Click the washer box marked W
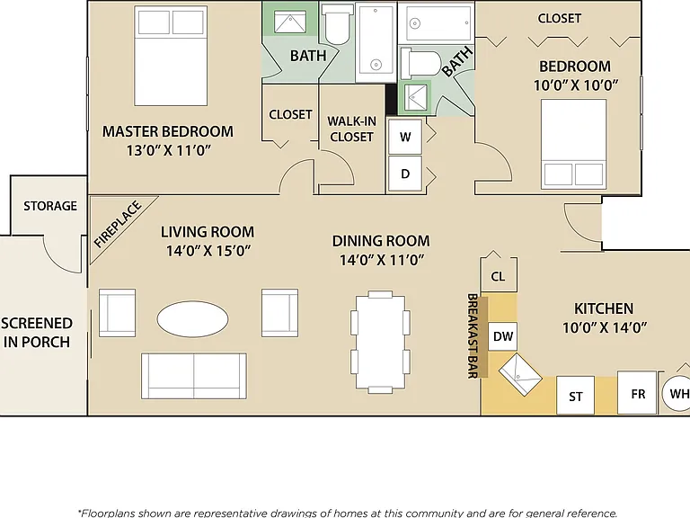pyautogui.click(x=405, y=137)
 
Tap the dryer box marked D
pyautogui.click(x=405, y=174)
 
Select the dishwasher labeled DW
pyautogui.click(x=502, y=336)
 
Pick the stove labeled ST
pyautogui.click(x=576, y=396)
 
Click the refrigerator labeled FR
pyautogui.click(x=637, y=393)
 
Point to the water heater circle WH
pyautogui.click(x=677, y=393)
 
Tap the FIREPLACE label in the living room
pyautogui.click(x=118, y=224)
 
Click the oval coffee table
pyautogui.click(x=193, y=319)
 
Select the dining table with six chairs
pyautogui.click(x=380, y=342)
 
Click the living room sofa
pyautogui.click(x=194, y=376)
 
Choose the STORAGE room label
pyautogui.click(x=50, y=206)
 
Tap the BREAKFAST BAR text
pyautogui.click(x=473, y=335)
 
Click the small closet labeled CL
pyautogui.click(x=498, y=276)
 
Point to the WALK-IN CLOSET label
pyautogui.click(x=351, y=129)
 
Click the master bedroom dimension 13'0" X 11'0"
pyautogui.click(x=169, y=151)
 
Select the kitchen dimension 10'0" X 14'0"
pyautogui.click(x=605, y=327)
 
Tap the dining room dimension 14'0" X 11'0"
pyautogui.click(x=382, y=260)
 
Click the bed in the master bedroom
pyautogui.click(x=171, y=56)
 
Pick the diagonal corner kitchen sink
pyautogui.click(x=520, y=374)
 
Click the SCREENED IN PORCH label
pyautogui.click(x=37, y=333)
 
